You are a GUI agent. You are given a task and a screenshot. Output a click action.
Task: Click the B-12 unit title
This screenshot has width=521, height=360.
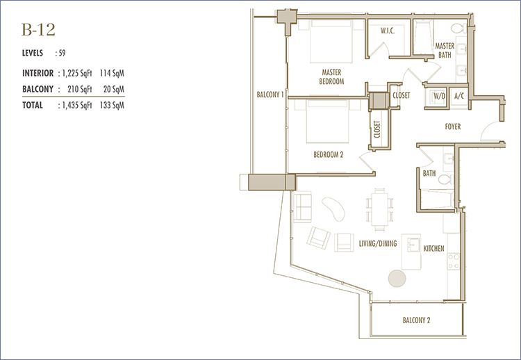tap(38, 30)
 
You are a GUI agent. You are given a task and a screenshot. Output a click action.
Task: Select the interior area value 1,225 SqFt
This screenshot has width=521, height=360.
tap(77, 73)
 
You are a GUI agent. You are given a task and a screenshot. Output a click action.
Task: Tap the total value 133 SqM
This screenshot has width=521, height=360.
tap(112, 106)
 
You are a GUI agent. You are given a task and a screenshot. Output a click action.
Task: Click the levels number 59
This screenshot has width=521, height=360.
tap(62, 54)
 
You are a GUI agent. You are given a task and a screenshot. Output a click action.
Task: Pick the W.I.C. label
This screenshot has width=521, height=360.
tap(388, 31)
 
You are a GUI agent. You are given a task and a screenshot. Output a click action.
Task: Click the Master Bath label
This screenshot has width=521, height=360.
tap(445, 51)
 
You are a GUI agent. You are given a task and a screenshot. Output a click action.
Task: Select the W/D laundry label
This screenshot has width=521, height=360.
tap(439, 96)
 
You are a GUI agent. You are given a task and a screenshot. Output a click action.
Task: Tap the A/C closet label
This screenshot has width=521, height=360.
tap(459, 96)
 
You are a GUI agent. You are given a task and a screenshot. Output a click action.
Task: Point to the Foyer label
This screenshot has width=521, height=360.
tap(452, 126)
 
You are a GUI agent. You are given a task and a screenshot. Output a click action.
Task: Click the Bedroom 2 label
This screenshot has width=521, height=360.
tap(329, 154)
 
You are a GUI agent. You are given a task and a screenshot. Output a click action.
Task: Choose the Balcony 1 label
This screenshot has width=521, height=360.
tap(270, 95)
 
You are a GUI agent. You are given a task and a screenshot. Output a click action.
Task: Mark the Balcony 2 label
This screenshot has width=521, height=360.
tap(416, 320)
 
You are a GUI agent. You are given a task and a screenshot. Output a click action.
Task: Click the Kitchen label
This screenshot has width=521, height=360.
tap(433, 248)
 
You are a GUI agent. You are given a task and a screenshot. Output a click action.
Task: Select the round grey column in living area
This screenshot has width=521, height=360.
tap(397, 278)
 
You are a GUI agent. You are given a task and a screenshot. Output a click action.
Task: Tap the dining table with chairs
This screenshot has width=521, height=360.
tap(380, 210)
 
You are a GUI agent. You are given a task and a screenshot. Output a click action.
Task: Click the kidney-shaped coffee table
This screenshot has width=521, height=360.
tap(333, 209)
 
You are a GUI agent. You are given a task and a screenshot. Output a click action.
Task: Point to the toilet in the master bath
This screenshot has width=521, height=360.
tap(458, 28)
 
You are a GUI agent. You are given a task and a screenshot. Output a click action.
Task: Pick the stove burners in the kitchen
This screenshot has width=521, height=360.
tap(453, 261)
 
